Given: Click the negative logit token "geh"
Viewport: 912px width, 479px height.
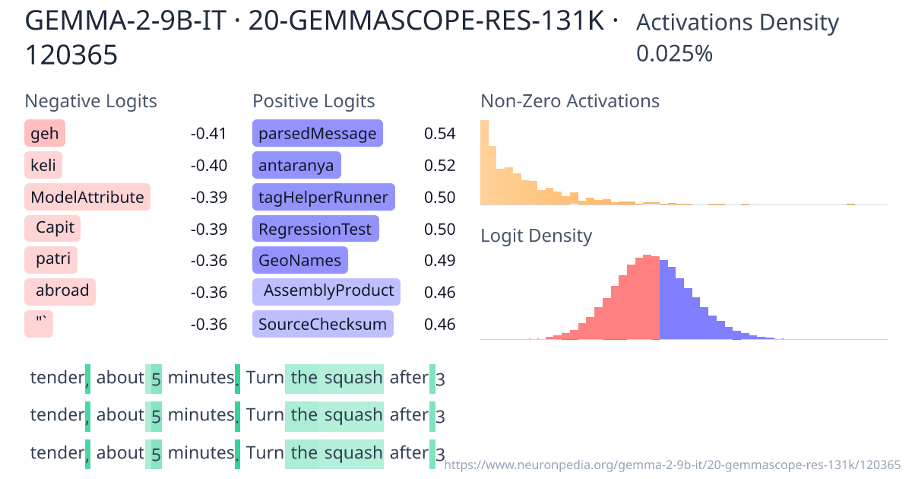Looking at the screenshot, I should [45, 134].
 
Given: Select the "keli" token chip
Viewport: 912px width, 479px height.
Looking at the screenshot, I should [43, 166].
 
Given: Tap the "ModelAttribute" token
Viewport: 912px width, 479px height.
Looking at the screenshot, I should [87, 198].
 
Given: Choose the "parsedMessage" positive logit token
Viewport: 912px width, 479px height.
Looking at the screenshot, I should [317, 134].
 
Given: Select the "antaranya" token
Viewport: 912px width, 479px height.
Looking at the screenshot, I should [296, 166].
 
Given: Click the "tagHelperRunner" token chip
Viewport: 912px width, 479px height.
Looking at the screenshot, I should [323, 198].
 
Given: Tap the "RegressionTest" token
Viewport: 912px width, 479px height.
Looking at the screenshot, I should [315, 229].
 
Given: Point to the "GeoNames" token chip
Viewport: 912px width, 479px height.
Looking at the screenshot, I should [299, 261].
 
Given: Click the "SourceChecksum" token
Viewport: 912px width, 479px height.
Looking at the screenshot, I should [322, 324].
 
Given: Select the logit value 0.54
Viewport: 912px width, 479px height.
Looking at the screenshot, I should [439, 134].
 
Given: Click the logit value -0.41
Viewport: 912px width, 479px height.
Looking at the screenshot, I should [208, 134].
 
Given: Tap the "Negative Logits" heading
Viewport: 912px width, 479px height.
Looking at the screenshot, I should [90, 101].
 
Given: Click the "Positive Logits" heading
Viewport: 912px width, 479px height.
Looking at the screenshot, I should [313, 101].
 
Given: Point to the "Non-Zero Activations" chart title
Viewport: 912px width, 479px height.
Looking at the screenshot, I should [570, 101].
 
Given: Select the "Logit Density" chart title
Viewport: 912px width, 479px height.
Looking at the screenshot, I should [536, 236].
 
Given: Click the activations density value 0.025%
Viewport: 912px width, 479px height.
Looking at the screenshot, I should [674, 53].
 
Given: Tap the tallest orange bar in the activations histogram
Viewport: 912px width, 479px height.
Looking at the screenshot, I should [484, 163].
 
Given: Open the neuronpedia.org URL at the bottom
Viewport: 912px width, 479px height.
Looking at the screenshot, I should [672, 464].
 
